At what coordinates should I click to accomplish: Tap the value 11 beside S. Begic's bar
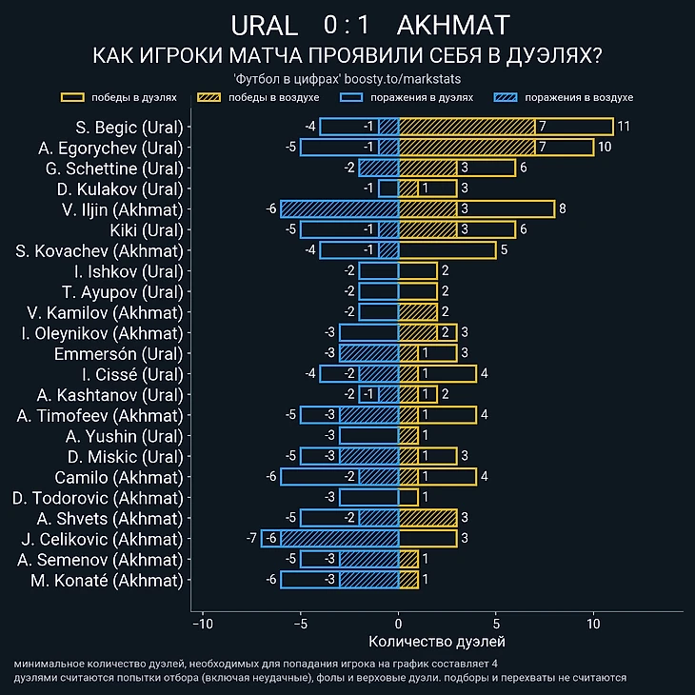tap(624, 127)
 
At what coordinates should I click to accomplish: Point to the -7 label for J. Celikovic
tap(251, 539)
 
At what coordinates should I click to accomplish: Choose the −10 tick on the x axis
tap(202, 624)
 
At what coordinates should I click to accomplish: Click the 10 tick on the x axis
tap(593, 624)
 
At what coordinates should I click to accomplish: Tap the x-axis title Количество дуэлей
tap(436, 642)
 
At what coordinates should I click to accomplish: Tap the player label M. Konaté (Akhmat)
tap(106, 580)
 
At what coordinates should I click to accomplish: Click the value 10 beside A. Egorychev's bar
tap(605, 148)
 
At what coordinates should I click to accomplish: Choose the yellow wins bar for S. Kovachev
tap(447, 250)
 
